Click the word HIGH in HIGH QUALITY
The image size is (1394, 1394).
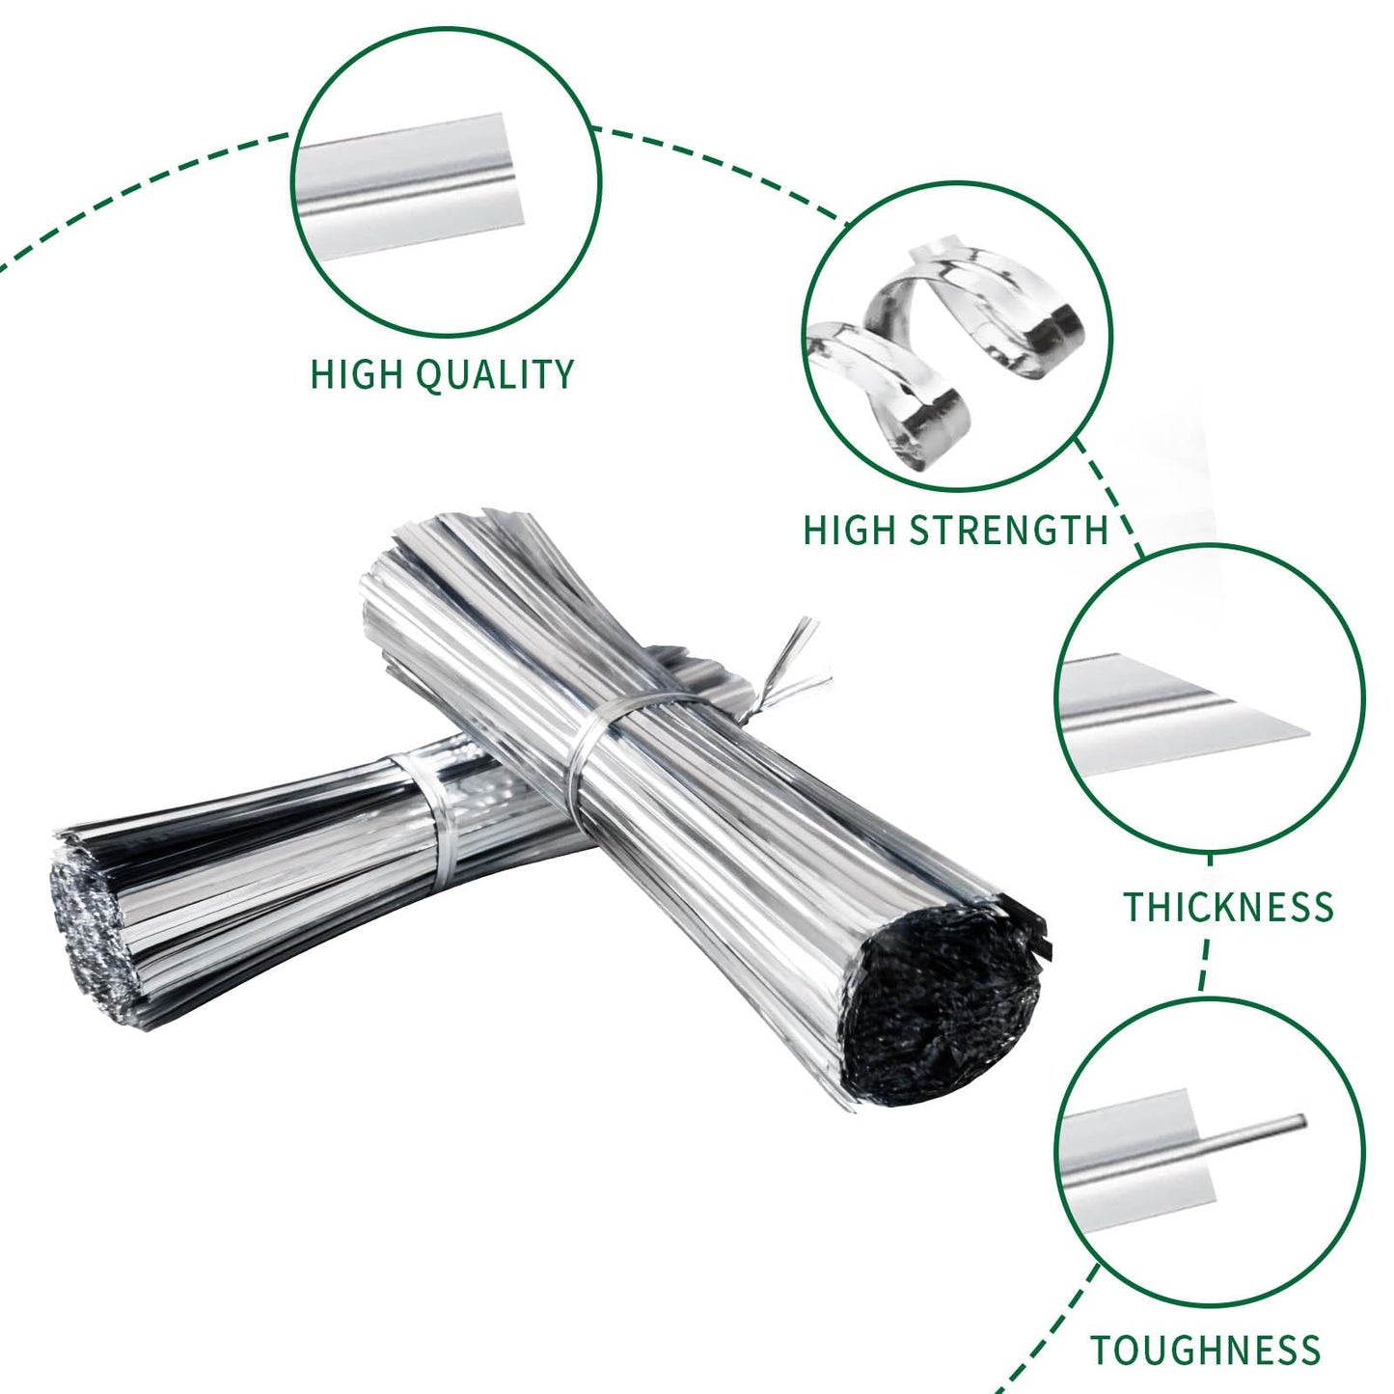tap(356, 374)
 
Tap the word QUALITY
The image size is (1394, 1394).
tap(497, 375)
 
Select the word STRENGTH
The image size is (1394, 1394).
tap(1008, 531)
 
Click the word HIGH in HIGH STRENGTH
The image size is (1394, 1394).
tap(849, 531)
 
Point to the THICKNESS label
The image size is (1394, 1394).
tap(1228, 907)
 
